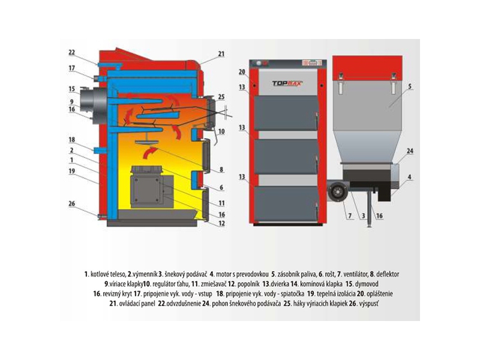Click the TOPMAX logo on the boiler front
[x=287, y=83]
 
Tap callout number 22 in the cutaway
[x=71, y=52]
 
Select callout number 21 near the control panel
[x=221, y=54]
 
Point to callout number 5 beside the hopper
[x=410, y=86]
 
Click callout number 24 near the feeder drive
[x=410, y=151]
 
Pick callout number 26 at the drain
[x=71, y=203]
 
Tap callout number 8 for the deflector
[x=221, y=170]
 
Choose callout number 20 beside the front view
[x=242, y=71]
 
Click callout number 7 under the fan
[x=350, y=216]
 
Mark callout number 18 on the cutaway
[x=71, y=140]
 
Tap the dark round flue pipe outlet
[x=91, y=106]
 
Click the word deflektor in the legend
[x=388, y=274]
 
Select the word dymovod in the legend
[x=367, y=284]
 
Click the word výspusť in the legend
[x=369, y=304]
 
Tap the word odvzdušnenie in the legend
[x=184, y=304]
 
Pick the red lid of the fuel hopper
[x=367, y=64]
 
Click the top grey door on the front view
[x=286, y=113]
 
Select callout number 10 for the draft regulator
[x=221, y=131]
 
